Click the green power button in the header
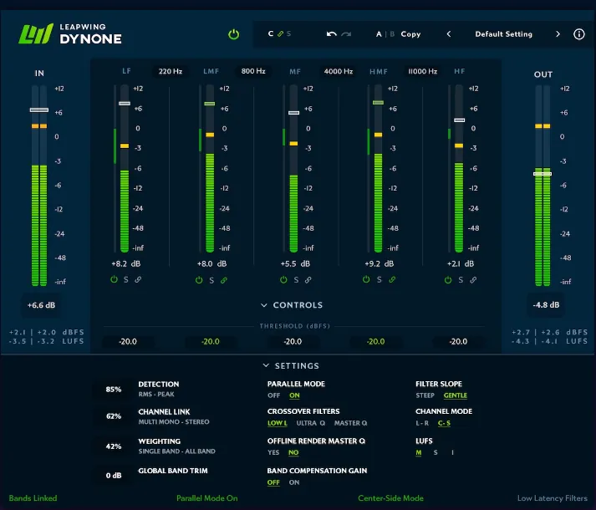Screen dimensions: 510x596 (234, 34)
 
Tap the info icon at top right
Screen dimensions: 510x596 (579, 34)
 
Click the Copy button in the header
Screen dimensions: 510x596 (410, 34)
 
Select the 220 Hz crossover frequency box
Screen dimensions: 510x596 (170, 72)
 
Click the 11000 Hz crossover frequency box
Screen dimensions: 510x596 (422, 72)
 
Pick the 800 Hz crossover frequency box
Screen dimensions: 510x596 (252, 72)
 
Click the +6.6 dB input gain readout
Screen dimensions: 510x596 (40, 305)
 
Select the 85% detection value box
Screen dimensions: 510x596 (114, 390)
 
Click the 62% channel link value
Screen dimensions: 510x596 (114, 416)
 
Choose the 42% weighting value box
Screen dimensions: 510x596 (114, 446)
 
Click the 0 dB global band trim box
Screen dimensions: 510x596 (114, 476)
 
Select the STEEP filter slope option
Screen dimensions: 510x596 (425, 395)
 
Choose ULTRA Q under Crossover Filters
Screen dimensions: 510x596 (311, 423)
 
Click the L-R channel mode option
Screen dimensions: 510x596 (422, 423)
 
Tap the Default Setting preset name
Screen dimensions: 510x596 (503, 34)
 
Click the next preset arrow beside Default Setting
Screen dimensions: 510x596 (558, 34)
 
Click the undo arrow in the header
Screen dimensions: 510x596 (332, 34)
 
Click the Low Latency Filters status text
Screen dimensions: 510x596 (552, 498)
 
